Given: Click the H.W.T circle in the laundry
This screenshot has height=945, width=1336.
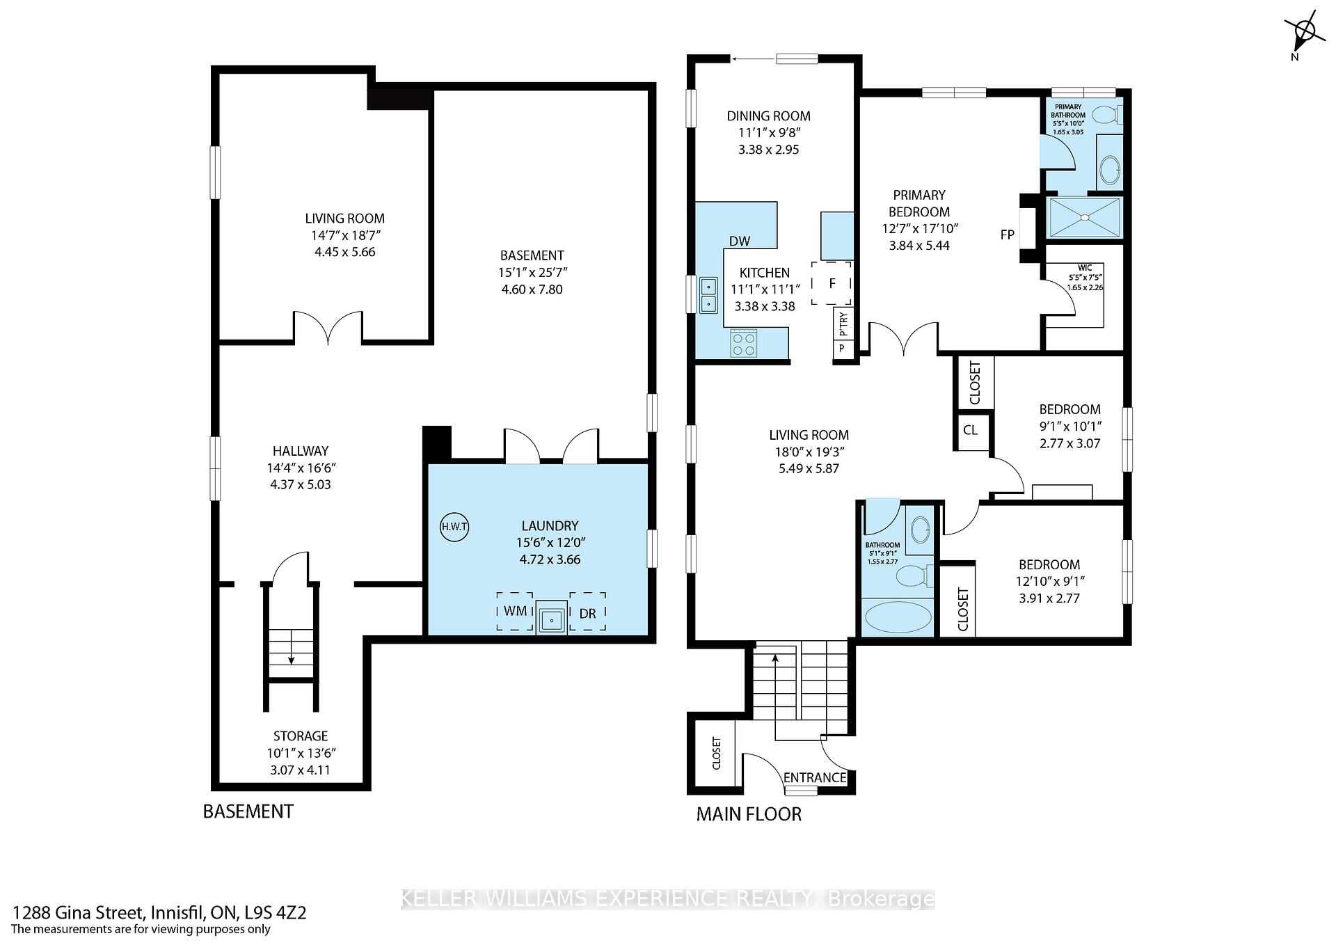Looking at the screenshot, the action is tap(454, 527).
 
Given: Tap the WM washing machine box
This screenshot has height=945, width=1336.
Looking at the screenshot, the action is tap(515, 612).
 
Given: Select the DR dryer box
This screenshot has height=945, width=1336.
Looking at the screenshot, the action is tap(587, 612).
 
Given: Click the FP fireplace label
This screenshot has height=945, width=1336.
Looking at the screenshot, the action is tap(1007, 235).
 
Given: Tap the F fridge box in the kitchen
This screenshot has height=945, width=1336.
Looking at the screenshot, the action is tap(832, 283).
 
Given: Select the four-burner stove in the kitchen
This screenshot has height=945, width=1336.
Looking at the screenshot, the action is tap(744, 343).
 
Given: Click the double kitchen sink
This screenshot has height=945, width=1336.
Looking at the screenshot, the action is tap(708, 295).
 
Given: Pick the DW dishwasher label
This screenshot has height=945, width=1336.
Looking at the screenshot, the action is tap(740, 241).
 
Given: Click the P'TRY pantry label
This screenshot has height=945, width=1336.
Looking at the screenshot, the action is tap(843, 323).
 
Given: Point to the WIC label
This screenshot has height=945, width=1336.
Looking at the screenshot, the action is tap(1085, 268).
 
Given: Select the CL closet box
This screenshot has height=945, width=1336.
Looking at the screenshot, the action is tap(971, 430).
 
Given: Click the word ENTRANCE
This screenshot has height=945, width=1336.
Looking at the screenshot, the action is tap(815, 777).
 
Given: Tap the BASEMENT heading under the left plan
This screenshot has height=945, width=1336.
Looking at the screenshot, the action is tap(248, 811).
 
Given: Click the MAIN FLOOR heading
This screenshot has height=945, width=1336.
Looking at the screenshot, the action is tap(749, 814).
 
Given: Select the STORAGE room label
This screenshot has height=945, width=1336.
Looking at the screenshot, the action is tap(301, 736).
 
